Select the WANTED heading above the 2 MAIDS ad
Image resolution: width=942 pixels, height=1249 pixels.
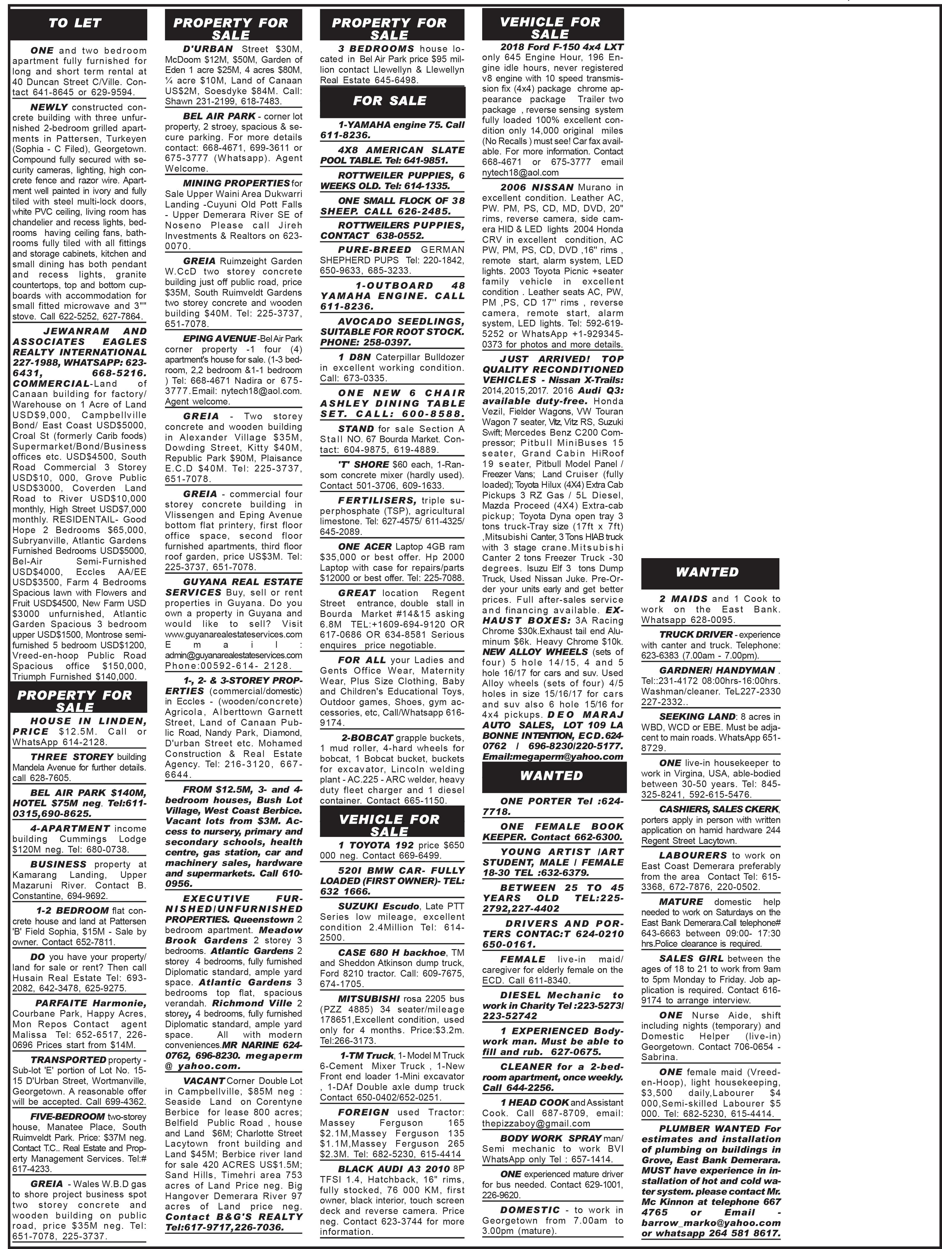707,572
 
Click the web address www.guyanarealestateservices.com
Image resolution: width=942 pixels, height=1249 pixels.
233,634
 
